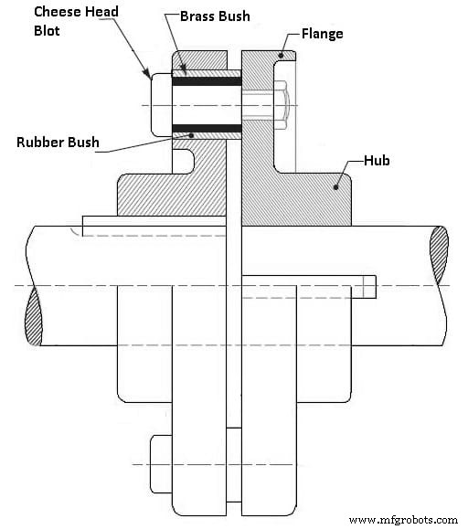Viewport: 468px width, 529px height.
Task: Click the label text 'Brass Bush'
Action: point(216,16)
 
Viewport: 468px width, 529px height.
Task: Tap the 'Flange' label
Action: point(324,33)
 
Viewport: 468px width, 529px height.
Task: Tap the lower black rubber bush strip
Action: point(209,127)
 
